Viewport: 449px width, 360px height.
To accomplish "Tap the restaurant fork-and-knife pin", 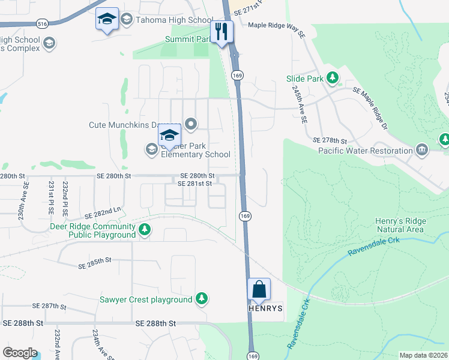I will pyautogui.click(x=221, y=31).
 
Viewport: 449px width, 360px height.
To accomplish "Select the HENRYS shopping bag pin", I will pyautogui.click(x=259, y=290).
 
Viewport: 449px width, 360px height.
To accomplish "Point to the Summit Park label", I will pyautogui.click(x=187, y=40).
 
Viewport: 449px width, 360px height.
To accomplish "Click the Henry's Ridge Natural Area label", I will pyautogui.click(x=400, y=225).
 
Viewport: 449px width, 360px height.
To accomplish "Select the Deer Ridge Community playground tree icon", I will pyautogui.click(x=144, y=229).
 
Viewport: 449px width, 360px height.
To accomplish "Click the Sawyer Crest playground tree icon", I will pyautogui.click(x=202, y=299).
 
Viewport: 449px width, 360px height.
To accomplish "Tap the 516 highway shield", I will pyautogui.click(x=41, y=23).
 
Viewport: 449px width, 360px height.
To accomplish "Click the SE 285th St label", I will pyautogui.click(x=95, y=260).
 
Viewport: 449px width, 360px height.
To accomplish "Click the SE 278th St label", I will pyautogui.click(x=330, y=140).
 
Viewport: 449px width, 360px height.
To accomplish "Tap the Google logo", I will pyautogui.click(x=20, y=353).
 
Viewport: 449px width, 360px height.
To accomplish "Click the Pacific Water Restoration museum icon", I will pyautogui.click(x=421, y=149).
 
